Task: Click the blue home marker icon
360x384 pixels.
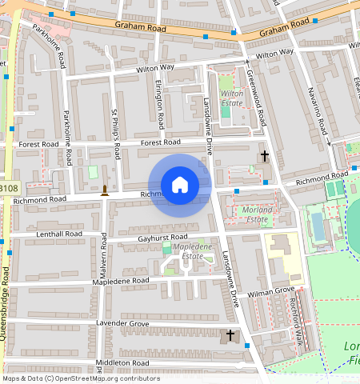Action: [x=180, y=185]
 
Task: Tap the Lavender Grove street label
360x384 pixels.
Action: [x=123, y=323]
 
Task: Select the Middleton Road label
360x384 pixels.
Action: [x=122, y=362]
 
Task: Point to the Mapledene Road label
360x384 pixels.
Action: [x=122, y=282]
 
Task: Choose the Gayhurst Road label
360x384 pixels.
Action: [x=162, y=238]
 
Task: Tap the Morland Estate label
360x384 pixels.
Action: [x=256, y=214]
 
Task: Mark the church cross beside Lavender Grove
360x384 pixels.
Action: [x=230, y=334]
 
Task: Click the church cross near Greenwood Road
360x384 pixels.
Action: [x=265, y=154]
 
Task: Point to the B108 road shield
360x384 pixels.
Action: [x=8, y=189]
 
